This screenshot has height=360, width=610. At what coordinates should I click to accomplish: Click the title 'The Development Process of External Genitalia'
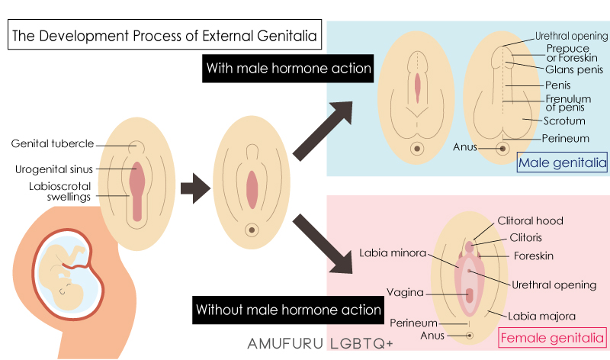pyautogui.click(x=163, y=35)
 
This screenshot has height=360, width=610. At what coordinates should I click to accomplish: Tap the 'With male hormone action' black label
pyautogui.click(x=289, y=69)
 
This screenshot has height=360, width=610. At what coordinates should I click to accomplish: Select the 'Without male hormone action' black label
pyautogui.click(x=288, y=310)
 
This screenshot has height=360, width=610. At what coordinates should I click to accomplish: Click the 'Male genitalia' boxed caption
pyautogui.click(x=562, y=162)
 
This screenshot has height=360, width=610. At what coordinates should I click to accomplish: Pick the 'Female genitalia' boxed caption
pyautogui.click(x=552, y=336)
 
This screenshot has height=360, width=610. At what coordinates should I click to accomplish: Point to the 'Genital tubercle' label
pyautogui.click(x=53, y=143)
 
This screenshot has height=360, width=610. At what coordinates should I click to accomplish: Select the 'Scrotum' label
pyautogui.click(x=564, y=121)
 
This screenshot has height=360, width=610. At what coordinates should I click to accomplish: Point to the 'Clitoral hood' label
pyautogui.click(x=530, y=221)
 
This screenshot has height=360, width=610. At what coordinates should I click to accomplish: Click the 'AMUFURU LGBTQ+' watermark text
pyautogui.click(x=320, y=343)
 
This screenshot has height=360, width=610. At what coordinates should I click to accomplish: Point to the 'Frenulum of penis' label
pyautogui.click(x=568, y=103)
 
